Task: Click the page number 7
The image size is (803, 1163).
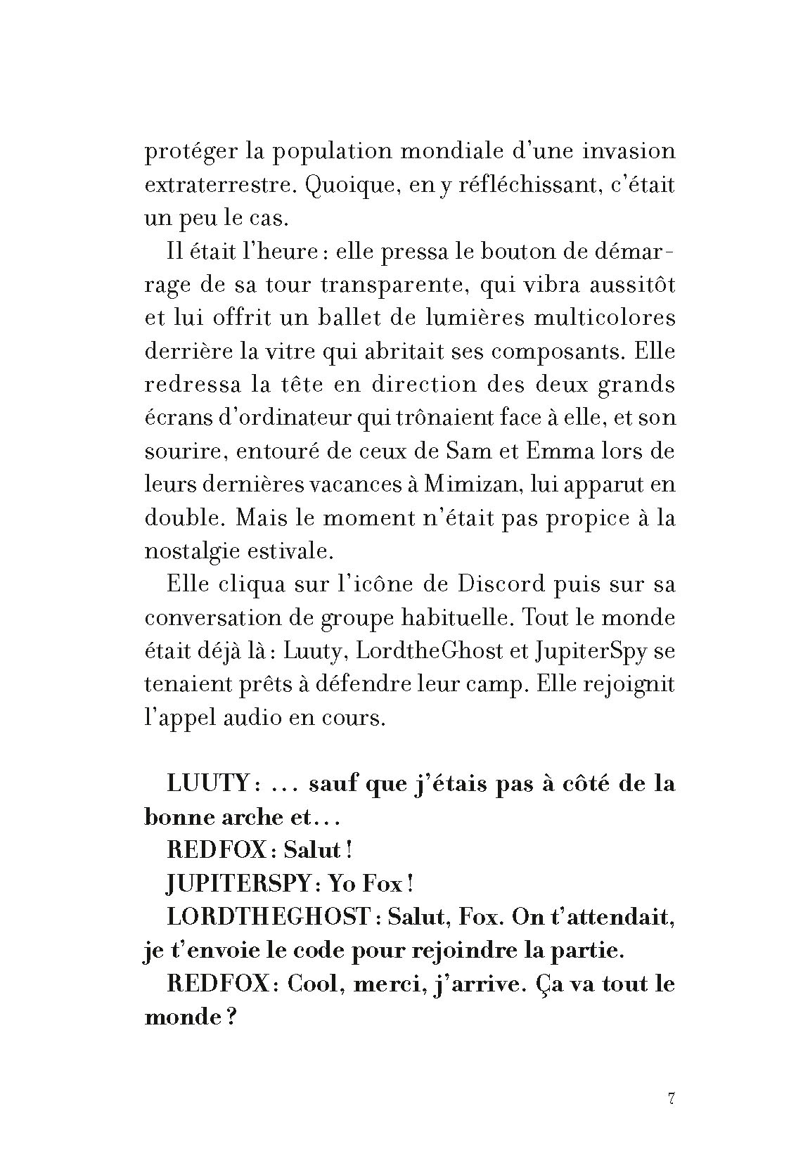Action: [671, 1099]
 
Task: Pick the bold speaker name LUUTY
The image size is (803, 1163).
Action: [210, 783]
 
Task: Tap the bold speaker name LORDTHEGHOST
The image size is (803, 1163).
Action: [268, 917]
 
